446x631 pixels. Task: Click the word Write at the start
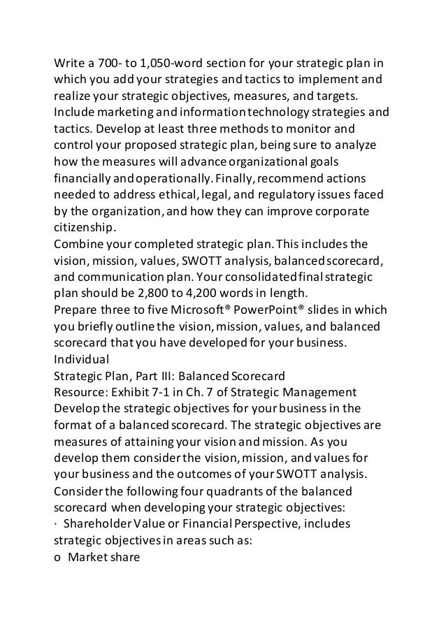70,61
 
